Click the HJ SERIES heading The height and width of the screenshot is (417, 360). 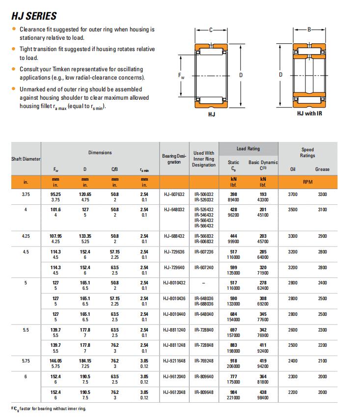click(34, 16)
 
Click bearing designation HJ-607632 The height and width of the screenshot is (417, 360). click(174, 194)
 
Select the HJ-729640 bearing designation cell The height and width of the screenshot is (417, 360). click(174, 267)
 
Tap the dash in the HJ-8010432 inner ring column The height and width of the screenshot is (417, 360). click(204, 283)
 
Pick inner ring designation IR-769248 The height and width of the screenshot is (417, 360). click(204, 361)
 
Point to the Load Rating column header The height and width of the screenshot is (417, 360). click(248, 149)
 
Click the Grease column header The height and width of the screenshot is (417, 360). click(322, 169)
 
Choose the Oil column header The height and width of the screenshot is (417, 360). click(293, 169)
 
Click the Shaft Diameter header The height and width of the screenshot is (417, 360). click(26, 159)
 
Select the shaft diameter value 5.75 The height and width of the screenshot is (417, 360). click(26, 361)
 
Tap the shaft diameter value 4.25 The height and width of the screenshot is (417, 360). click(26, 236)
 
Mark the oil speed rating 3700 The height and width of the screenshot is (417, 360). click(293, 194)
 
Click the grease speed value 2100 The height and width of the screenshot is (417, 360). click(322, 361)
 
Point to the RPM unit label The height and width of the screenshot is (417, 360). click(307, 182)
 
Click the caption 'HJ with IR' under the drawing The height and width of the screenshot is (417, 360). click(309, 114)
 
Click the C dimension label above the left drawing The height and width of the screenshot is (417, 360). click(211, 30)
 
